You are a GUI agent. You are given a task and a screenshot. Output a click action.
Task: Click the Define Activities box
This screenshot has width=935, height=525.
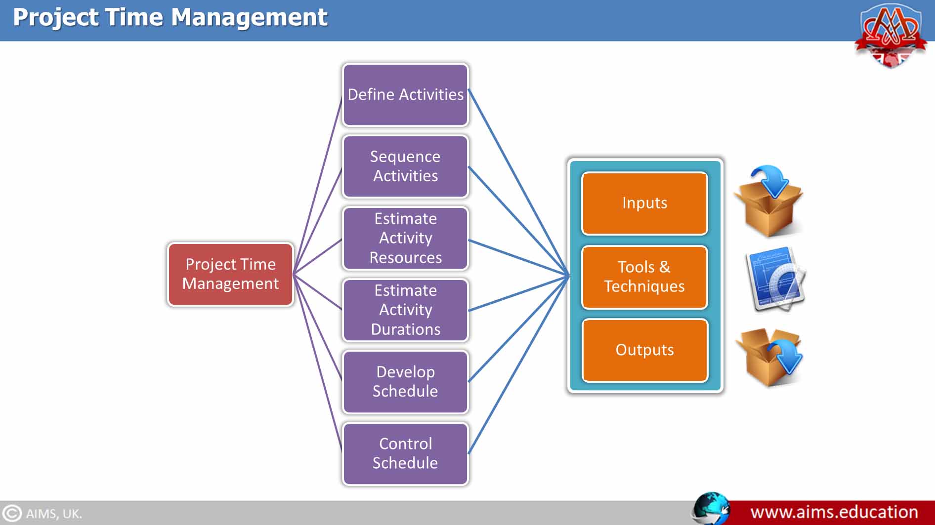click(405, 95)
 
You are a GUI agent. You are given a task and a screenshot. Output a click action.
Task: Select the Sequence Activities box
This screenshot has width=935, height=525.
click(405, 166)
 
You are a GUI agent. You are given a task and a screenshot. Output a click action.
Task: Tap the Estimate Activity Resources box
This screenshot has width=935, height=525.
click(405, 238)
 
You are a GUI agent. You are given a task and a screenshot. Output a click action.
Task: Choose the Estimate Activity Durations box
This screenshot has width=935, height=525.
click(405, 310)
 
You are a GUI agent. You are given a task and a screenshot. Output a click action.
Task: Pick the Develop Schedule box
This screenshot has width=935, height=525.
click(405, 381)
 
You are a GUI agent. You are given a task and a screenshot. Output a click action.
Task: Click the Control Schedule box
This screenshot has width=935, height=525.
click(405, 453)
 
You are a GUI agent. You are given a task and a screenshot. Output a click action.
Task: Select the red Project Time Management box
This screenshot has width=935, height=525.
click(230, 274)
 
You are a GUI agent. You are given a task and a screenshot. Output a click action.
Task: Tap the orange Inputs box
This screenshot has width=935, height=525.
click(644, 203)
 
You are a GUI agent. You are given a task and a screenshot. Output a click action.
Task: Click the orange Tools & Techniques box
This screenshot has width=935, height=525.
click(644, 277)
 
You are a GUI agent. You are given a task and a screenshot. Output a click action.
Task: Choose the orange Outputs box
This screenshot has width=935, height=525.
click(644, 350)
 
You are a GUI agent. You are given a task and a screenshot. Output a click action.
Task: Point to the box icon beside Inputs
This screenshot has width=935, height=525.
click(769, 202)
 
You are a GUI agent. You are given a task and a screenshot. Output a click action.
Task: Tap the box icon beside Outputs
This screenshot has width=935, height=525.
click(769, 357)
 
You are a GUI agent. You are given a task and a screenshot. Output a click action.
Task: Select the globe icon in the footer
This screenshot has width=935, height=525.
click(711, 509)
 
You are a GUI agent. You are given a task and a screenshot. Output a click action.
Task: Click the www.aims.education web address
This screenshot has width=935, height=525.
click(834, 512)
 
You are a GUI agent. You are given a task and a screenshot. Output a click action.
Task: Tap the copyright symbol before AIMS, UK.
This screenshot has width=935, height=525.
click(12, 513)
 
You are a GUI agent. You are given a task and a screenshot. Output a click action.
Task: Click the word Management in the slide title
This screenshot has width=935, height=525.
click(249, 17)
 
